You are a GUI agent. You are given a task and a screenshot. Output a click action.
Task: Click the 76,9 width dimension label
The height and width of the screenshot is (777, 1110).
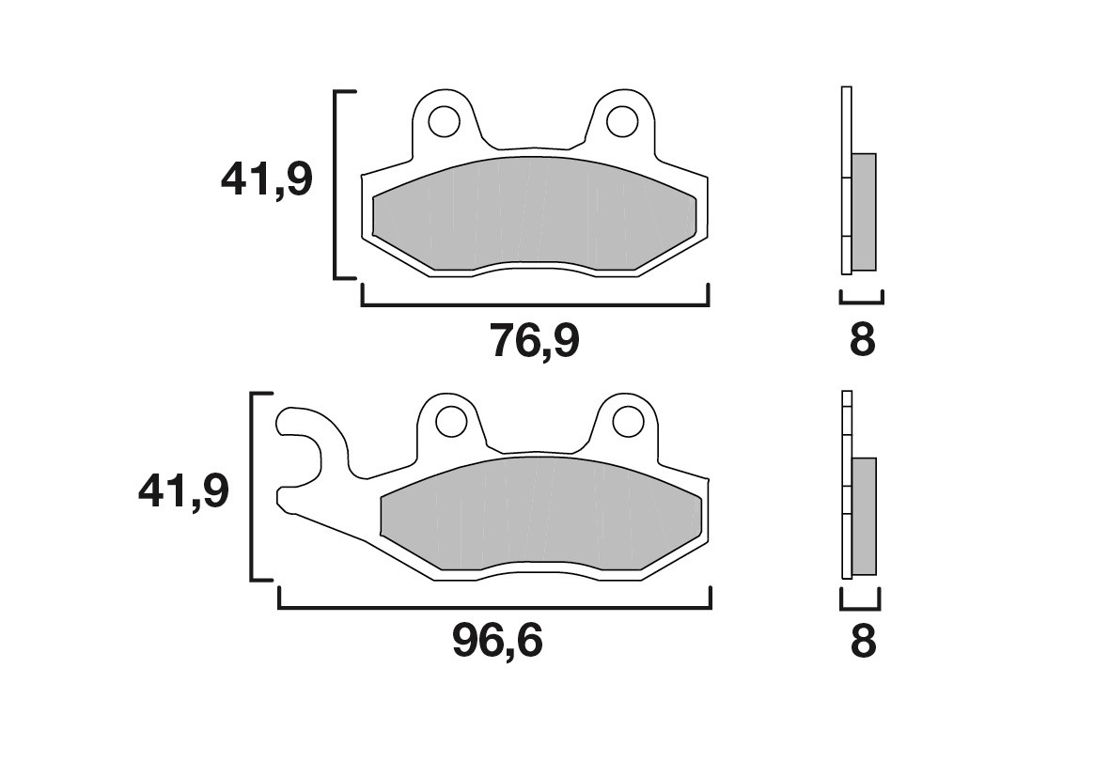(x=535, y=341)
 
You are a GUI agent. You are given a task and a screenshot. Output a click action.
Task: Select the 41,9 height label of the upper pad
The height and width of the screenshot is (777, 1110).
(x=266, y=179)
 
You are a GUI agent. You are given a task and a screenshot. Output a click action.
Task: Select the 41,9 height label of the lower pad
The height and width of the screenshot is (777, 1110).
(x=183, y=491)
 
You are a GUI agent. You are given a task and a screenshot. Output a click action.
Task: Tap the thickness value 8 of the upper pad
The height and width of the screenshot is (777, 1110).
(x=862, y=340)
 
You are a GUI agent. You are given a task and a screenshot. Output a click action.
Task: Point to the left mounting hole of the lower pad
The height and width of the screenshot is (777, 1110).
(x=450, y=420)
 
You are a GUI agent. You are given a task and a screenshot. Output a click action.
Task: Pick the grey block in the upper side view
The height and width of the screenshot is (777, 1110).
(x=863, y=211)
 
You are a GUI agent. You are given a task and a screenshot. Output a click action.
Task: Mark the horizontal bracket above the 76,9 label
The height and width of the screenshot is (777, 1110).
(x=535, y=304)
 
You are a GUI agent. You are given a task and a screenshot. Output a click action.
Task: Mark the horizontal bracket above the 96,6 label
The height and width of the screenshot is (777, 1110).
(x=494, y=608)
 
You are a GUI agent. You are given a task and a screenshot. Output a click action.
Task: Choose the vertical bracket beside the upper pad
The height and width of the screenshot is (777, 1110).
(x=337, y=185)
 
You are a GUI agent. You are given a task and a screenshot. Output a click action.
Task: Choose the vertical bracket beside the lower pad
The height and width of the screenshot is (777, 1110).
(x=252, y=487)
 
